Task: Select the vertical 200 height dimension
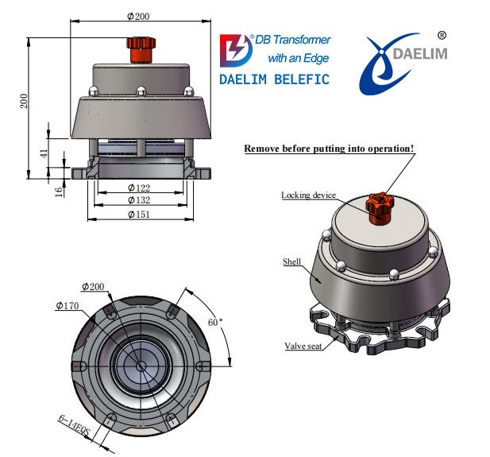point(24,101)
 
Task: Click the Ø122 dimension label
point(141,188)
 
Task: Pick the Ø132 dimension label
point(141,200)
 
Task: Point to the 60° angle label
point(215,322)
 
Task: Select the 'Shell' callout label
point(291,261)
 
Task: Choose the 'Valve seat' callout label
point(303,346)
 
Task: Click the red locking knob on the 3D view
point(379,205)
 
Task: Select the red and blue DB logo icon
point(236,51)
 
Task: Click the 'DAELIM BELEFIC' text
point(273,80)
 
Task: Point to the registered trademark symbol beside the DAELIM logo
point(442,36)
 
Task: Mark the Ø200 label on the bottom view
point(95,287)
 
